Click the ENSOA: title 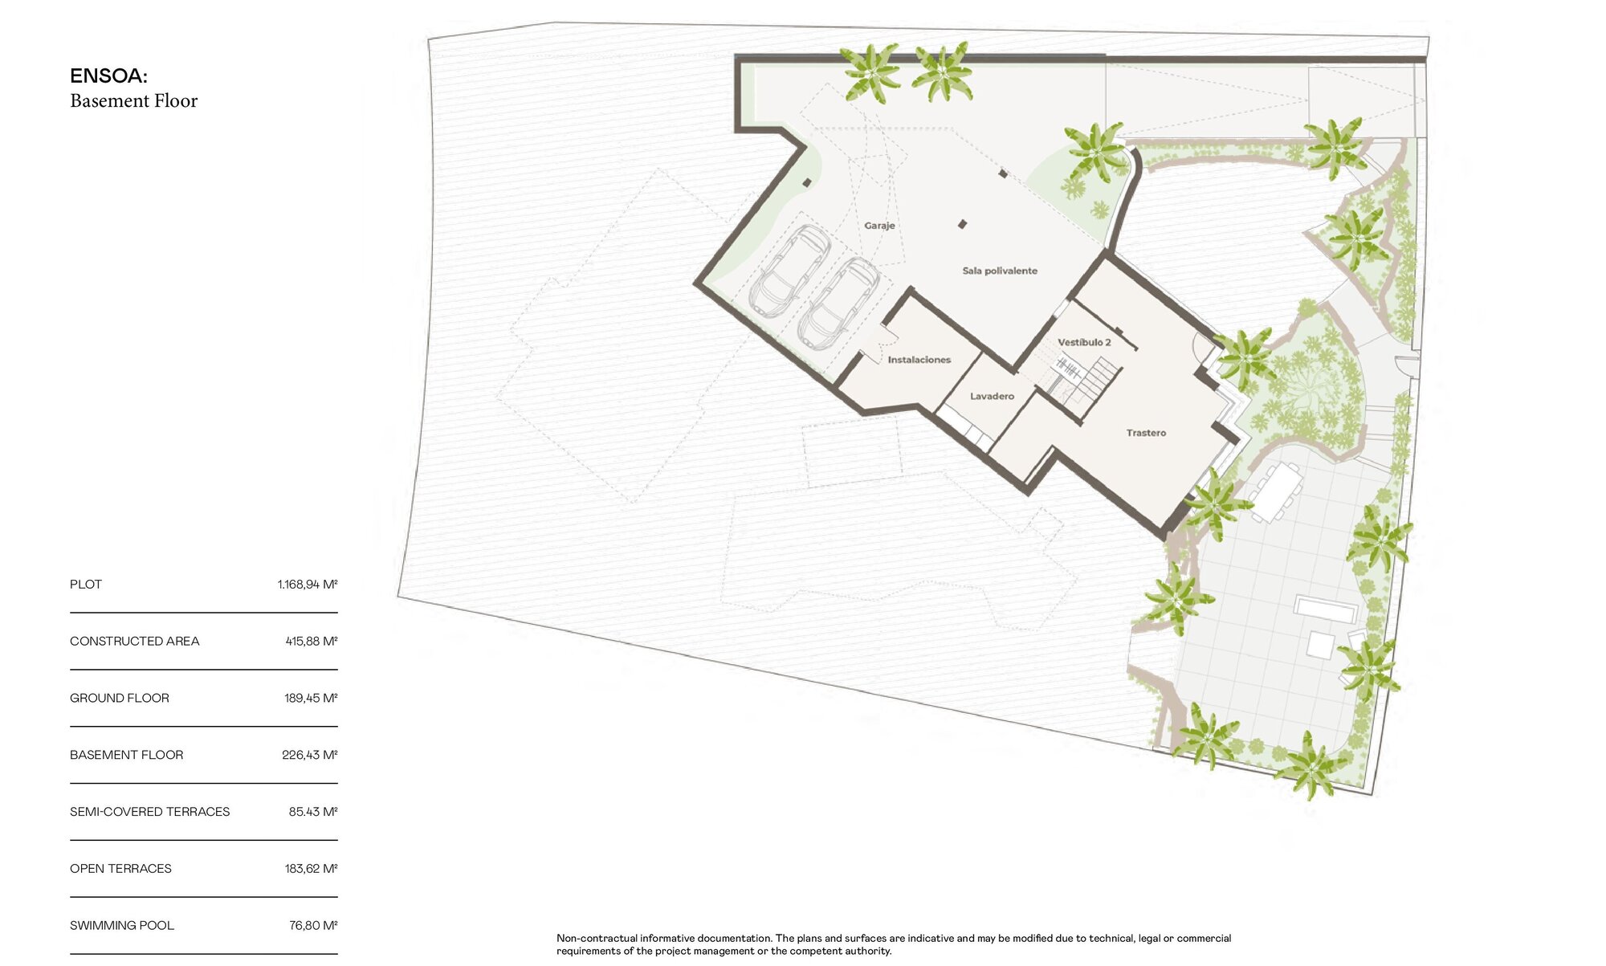pyautogui.click(x=108, y=76)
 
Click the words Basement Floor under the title pyautogui.click(x=133, y=101)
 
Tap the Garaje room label pyautogui.click(x=879, y=226)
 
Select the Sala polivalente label pyautogui.click(x=1000, y=271)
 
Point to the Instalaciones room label pyautogui.click(x=919, y=360)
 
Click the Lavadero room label pyautogui.click(x=992, y=396)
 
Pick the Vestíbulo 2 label pyautogui.click(x=1084, y=342)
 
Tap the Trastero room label pyautogui.click(x=1146, y=433)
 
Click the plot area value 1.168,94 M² pyautogui.click(x=308, y=585)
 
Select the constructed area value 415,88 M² pyautogui.click(x=312, y=642)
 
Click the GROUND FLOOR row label pyautogui.click(x=120, y=699)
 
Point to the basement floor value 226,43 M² pyautogui.click(x=310, y=755)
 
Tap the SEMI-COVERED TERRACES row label pyautogui.click(x=149, y=812)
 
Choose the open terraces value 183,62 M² pyautogui.click(x=312, y=869)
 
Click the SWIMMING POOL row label pyautogui.click(x=122, y=926)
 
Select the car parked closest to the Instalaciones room pyautogui.click(x=839, y=304)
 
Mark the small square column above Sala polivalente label pyautogui.click(x=962, y=224)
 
